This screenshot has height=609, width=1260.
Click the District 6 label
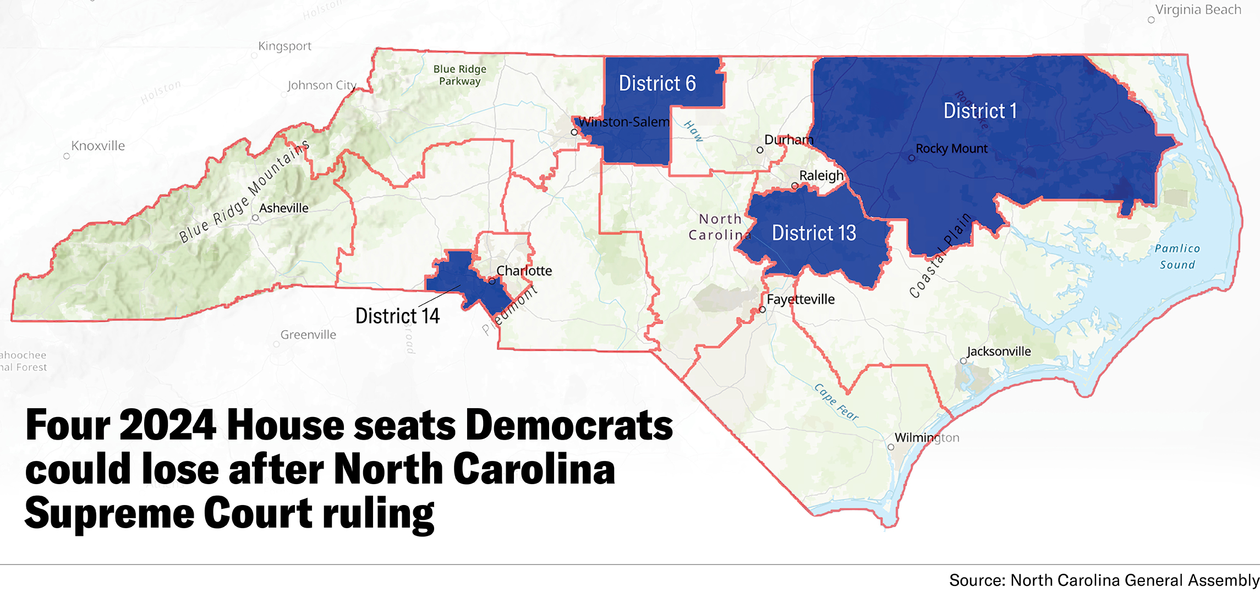657,84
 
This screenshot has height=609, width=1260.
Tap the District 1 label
979,111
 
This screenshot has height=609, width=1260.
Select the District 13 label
814,233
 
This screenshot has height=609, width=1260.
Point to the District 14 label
397,316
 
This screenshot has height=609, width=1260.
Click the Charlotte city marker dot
492,281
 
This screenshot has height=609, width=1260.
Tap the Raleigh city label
821,176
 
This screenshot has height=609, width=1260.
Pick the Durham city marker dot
760,150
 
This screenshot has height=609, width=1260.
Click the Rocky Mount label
951,149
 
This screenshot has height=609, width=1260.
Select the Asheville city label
283,209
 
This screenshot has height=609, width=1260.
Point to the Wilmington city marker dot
891,447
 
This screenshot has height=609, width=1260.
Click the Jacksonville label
999,352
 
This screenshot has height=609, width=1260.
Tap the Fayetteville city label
801,300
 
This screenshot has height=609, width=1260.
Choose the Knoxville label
98,146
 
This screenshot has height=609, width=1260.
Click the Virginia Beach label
1198,10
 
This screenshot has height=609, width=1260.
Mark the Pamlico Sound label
1177,257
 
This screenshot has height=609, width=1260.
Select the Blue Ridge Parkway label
459,75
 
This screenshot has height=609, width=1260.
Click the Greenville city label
308,335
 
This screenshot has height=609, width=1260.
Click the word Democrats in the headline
569,425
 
